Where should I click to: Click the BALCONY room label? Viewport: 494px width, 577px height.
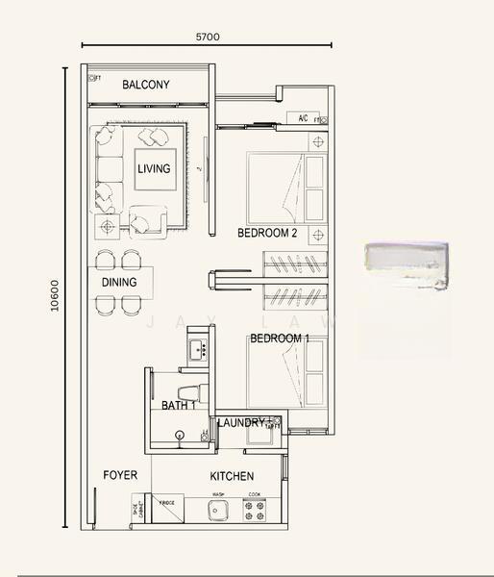pos(146,86)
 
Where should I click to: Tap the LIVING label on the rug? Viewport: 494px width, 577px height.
pos(154,169)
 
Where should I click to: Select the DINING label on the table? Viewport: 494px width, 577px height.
pos(119,283)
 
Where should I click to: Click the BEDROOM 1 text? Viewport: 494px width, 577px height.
pos(279,339)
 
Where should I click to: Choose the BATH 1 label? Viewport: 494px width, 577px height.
pos(178,406)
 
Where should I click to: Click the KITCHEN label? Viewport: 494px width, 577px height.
pos(232,477)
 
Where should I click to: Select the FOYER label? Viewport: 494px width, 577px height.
pos(120,476)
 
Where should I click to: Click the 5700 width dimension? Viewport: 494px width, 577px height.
pos(208,38)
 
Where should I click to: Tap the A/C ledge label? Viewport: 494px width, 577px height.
pos(303,119)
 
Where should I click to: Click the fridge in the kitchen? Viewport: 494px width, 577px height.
pos(167,512)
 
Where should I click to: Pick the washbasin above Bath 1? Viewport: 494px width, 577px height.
pos(198,350)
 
